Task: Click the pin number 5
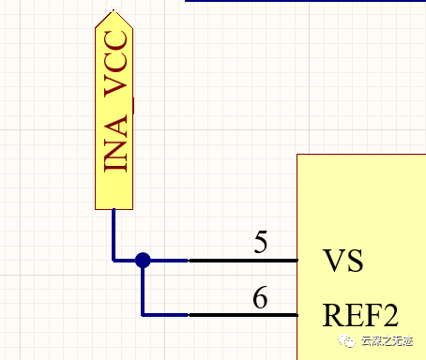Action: pos(260,243)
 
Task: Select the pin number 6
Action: pos(260,298)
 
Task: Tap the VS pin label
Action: pos(342,260)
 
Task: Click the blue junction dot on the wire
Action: pos(143,260)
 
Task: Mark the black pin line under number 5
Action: pos(243,260)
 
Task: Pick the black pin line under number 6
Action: pos(243,314)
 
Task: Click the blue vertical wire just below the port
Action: pos(114,230)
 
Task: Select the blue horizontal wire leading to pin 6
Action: pos(166,314)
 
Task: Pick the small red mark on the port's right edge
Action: pos(135,105)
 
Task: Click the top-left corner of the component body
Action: pos(298,156)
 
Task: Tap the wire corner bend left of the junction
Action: pos(114,260)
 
